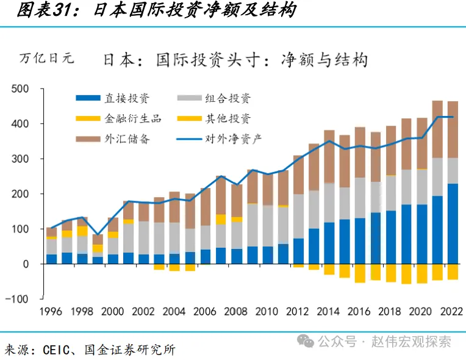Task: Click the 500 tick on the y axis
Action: [x=21, y=89]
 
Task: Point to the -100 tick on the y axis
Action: [x=18, y=299]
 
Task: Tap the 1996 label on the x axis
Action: [x=51, y=312]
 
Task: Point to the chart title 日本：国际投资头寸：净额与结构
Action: [x=235, y=60]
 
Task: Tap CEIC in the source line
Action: [x=59, y=350]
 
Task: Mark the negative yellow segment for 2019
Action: [x=406, y=274]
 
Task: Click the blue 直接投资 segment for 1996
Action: [x=51, y=259]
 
